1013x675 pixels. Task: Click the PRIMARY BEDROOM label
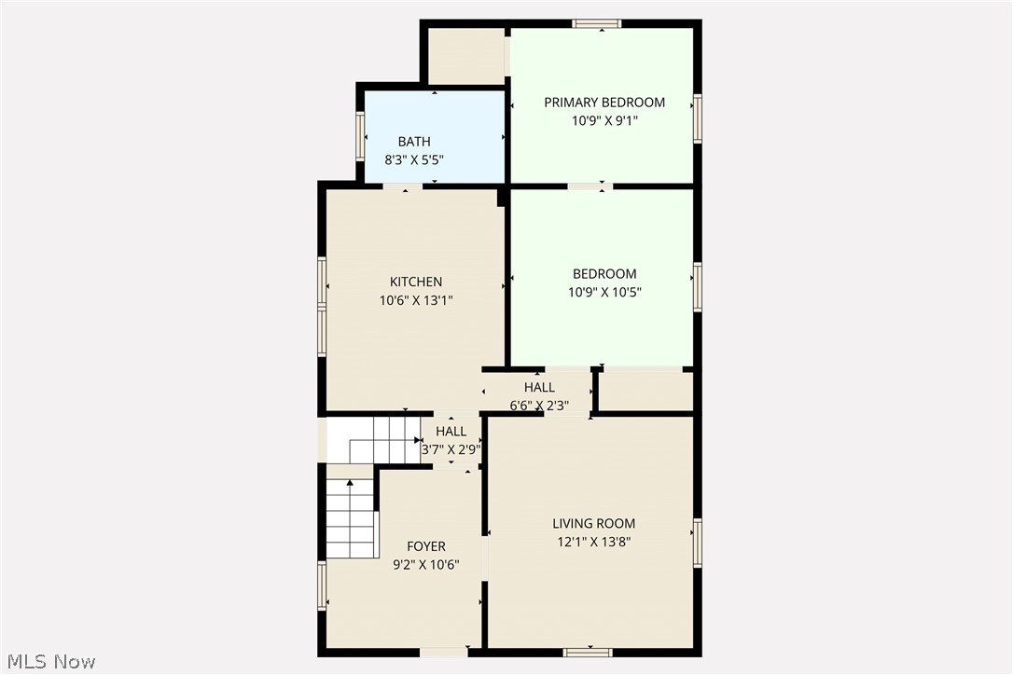point(604,103)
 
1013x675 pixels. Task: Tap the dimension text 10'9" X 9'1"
point(604,120)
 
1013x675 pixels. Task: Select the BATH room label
point(414,142)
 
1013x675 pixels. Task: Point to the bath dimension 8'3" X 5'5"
point(414,159)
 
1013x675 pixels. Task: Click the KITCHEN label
point(416,282)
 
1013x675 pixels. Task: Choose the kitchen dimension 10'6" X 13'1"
point(416,300)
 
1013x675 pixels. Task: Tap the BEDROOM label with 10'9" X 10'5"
point(604,274)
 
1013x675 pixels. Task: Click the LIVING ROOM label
point(593,524)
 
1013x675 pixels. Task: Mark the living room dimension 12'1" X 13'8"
point(593,542)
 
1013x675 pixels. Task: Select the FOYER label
point(426,546)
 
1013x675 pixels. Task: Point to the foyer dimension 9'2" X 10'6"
point(426,564)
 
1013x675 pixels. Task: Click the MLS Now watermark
point(49,662)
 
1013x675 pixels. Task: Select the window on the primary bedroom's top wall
point(597,23)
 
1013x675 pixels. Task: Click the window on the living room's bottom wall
point(588,652)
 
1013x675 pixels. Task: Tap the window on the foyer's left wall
point(323,586)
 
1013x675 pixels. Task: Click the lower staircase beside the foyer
point(351,518)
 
